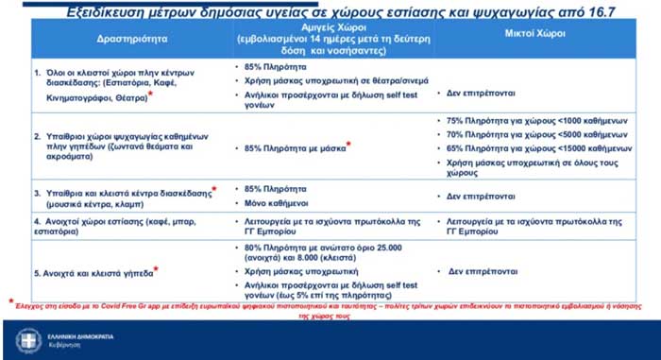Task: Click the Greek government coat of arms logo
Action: coord(28,340)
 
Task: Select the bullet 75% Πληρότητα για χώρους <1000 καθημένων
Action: coord(534,120)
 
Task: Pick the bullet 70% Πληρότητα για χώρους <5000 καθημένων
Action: coord(534,134)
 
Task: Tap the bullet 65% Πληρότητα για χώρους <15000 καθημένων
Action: coord(535,148)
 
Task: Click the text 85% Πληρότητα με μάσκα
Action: coord(294,148)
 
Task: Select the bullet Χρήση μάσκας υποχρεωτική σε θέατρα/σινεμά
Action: coord(321,83)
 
